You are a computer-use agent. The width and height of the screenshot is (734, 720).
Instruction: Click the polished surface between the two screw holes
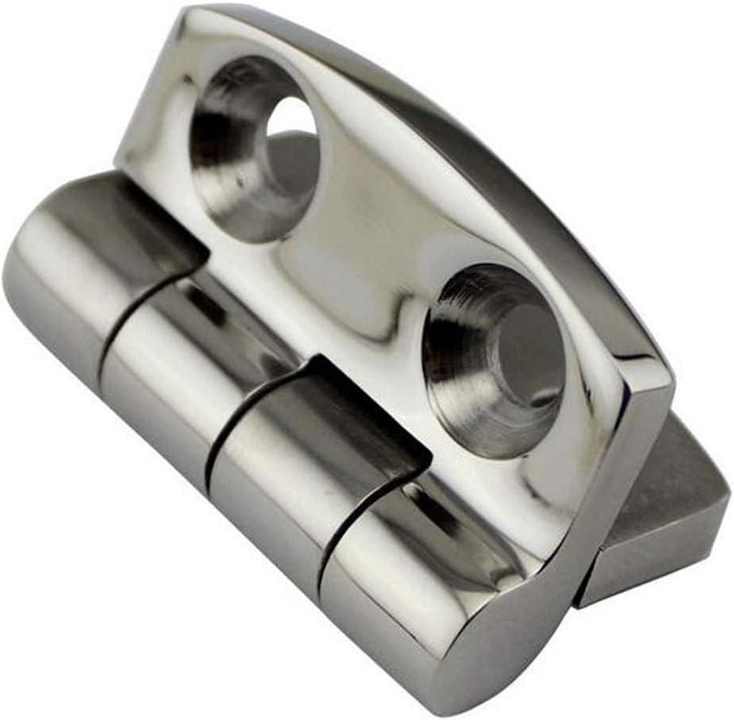tap(373, 254)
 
